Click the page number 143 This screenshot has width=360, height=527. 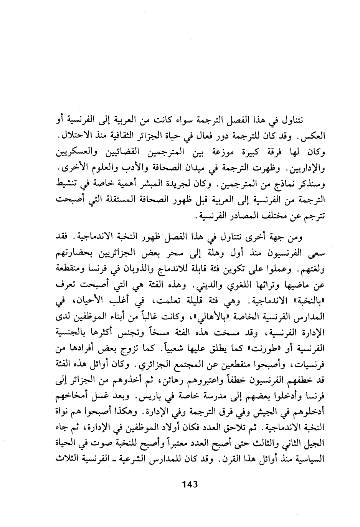(189, 484)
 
